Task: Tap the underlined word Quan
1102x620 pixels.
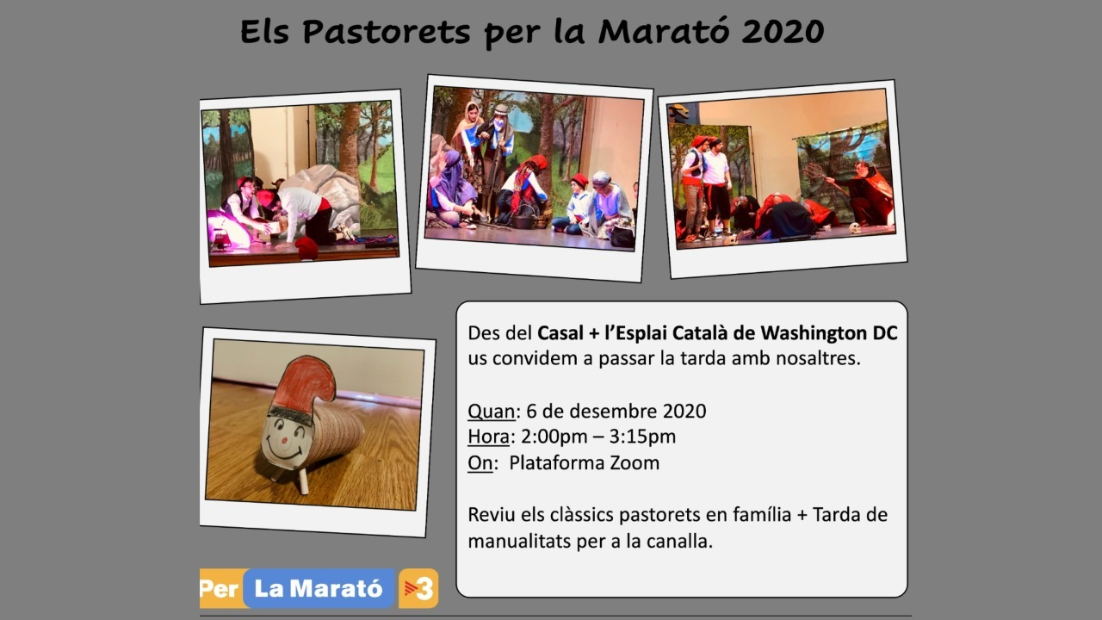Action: [x=491, y=412]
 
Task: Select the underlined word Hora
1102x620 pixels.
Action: [x=488, y=437]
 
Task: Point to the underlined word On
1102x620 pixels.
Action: [x=480, y=462]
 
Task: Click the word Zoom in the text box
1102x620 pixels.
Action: [x=635, y=462]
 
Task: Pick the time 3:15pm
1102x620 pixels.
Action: [x=642, y=437]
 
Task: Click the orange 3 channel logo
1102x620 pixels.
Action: [x=418, y=588]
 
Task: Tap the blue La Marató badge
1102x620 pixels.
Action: [x=319, y=588]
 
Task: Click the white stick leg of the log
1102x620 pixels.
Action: [x=304, y=480]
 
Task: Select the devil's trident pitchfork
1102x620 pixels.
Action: [x=821, y=178]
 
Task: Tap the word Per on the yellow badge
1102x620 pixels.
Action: [x=220, y=589]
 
